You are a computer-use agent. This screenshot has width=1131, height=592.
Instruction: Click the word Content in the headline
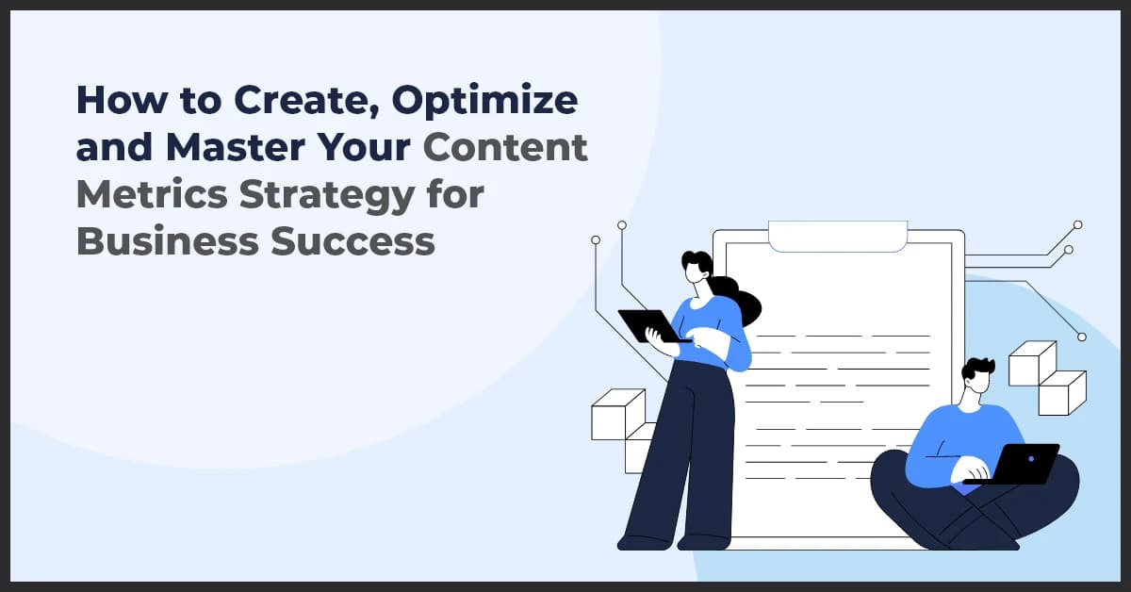505,149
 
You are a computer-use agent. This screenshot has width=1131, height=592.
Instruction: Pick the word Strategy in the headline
320,196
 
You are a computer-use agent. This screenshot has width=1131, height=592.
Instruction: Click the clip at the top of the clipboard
838,236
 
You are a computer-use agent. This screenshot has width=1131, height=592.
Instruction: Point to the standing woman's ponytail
741,301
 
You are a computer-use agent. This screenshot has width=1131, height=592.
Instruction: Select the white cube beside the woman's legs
617,415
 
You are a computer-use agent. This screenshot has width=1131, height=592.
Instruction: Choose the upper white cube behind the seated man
1031,362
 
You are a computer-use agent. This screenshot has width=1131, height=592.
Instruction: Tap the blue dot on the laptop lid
1030,459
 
